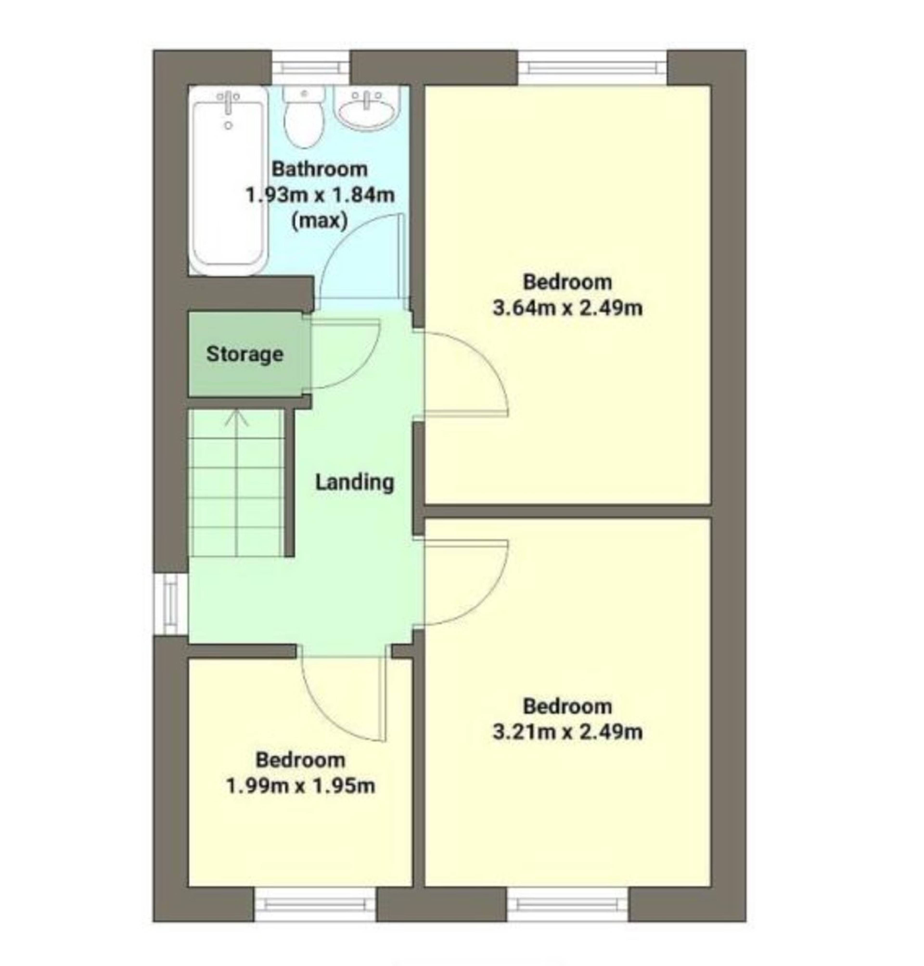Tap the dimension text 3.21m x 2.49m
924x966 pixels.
point(567,732)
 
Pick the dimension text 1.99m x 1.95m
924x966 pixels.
point(301,786)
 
